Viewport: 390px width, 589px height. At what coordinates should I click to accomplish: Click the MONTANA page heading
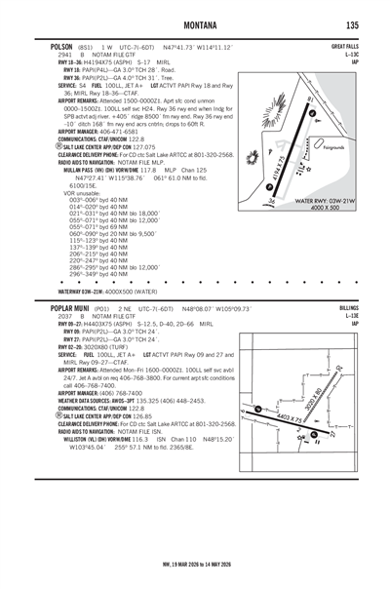point(194,24)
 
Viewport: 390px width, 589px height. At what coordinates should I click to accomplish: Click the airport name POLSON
point(50,46)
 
